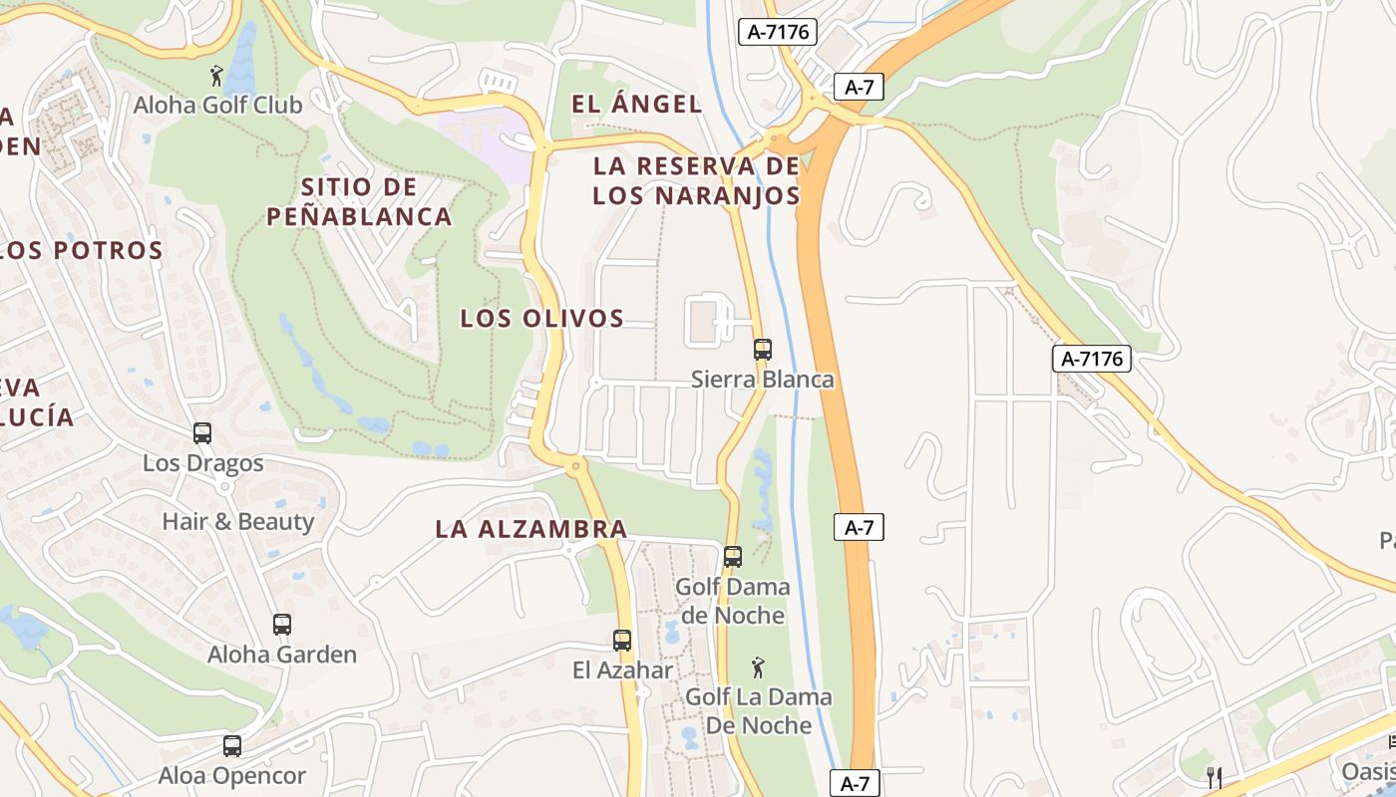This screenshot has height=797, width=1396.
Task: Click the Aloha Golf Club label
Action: click(x=217, y=105)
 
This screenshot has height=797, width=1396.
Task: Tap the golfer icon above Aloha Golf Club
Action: click(x=216, y=75)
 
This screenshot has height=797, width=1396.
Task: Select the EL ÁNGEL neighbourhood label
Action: click(x=636, y=104)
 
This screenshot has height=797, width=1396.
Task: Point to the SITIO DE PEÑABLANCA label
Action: click(x=359, y=201)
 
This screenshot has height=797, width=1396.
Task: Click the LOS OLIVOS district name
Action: click(x=541, y=319)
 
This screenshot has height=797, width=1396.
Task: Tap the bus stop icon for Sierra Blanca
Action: click(x=763, y=350)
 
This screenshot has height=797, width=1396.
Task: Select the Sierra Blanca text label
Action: click(x=763, y=380)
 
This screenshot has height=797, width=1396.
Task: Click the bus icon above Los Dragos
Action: click(x=202, y=433)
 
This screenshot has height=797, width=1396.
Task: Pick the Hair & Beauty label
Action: click(x=238, y=521)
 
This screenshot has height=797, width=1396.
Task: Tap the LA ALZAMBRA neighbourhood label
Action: click(x=530, y=529)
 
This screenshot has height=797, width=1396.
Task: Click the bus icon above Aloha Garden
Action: click(x=282, y=625)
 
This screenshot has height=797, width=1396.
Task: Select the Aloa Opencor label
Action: click(x=232, y=775)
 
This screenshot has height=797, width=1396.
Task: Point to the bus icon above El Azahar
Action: click(x=622, y=641)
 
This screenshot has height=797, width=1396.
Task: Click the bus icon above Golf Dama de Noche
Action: click(x=733, y=557)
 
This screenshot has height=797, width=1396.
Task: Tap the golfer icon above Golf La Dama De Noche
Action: click(x=758, y=666)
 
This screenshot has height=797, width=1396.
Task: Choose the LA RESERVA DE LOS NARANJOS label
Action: click(x=696, y=180)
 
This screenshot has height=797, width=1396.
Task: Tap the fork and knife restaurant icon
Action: click(x=1214, y=777)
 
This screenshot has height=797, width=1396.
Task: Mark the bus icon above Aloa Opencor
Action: click(x=232, y=745)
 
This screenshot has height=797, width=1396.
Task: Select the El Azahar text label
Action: click(x=622, y=670)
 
